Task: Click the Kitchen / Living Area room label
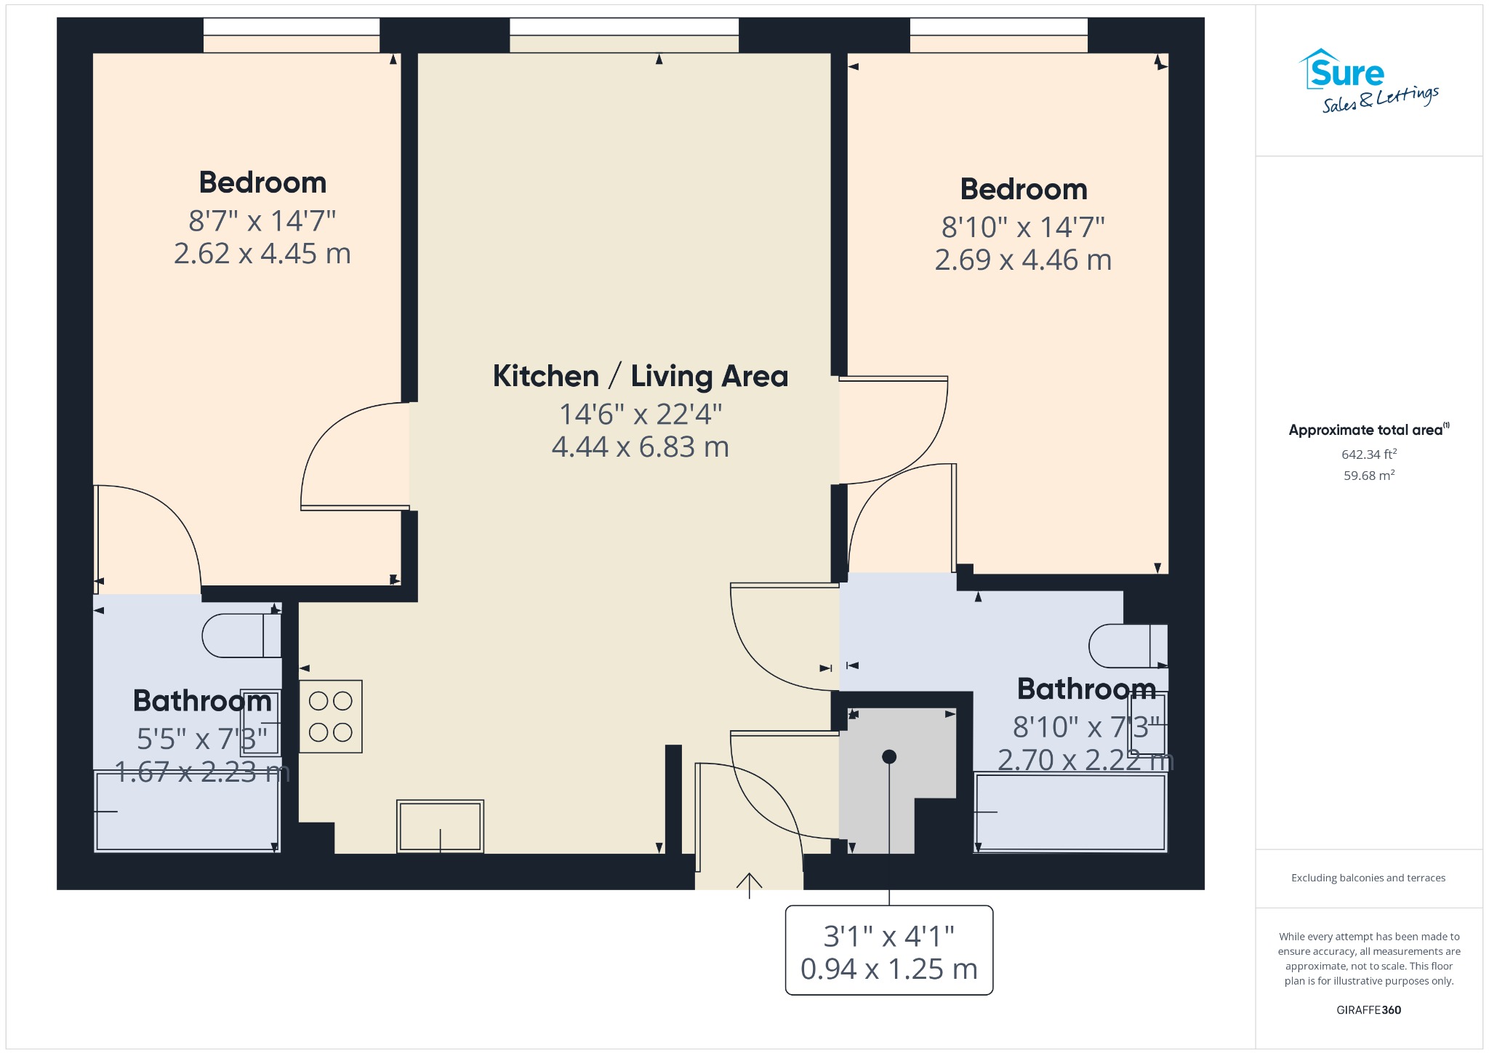[640, 377]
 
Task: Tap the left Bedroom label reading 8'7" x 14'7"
[262, 220]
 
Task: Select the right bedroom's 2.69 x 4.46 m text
[1023, 260]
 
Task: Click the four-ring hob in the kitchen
[331, 716]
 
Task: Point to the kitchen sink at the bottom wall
[440, 826]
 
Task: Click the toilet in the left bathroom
[241, 636]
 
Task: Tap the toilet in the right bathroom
[1128, 646]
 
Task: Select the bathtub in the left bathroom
[188, 812]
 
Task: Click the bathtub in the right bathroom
[1070, 813]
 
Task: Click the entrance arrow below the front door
[750, 886]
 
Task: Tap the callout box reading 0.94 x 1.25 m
[889, 950]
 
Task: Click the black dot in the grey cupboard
[889, 757]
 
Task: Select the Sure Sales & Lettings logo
[1368, 81]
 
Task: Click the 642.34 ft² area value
[1369, 455]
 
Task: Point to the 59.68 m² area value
[1369, 476]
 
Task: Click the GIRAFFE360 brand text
[1369, 1010]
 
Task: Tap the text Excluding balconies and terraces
[1368, 878]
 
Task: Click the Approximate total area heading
[1369, 430]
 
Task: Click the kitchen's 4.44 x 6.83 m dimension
[641, 447]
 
